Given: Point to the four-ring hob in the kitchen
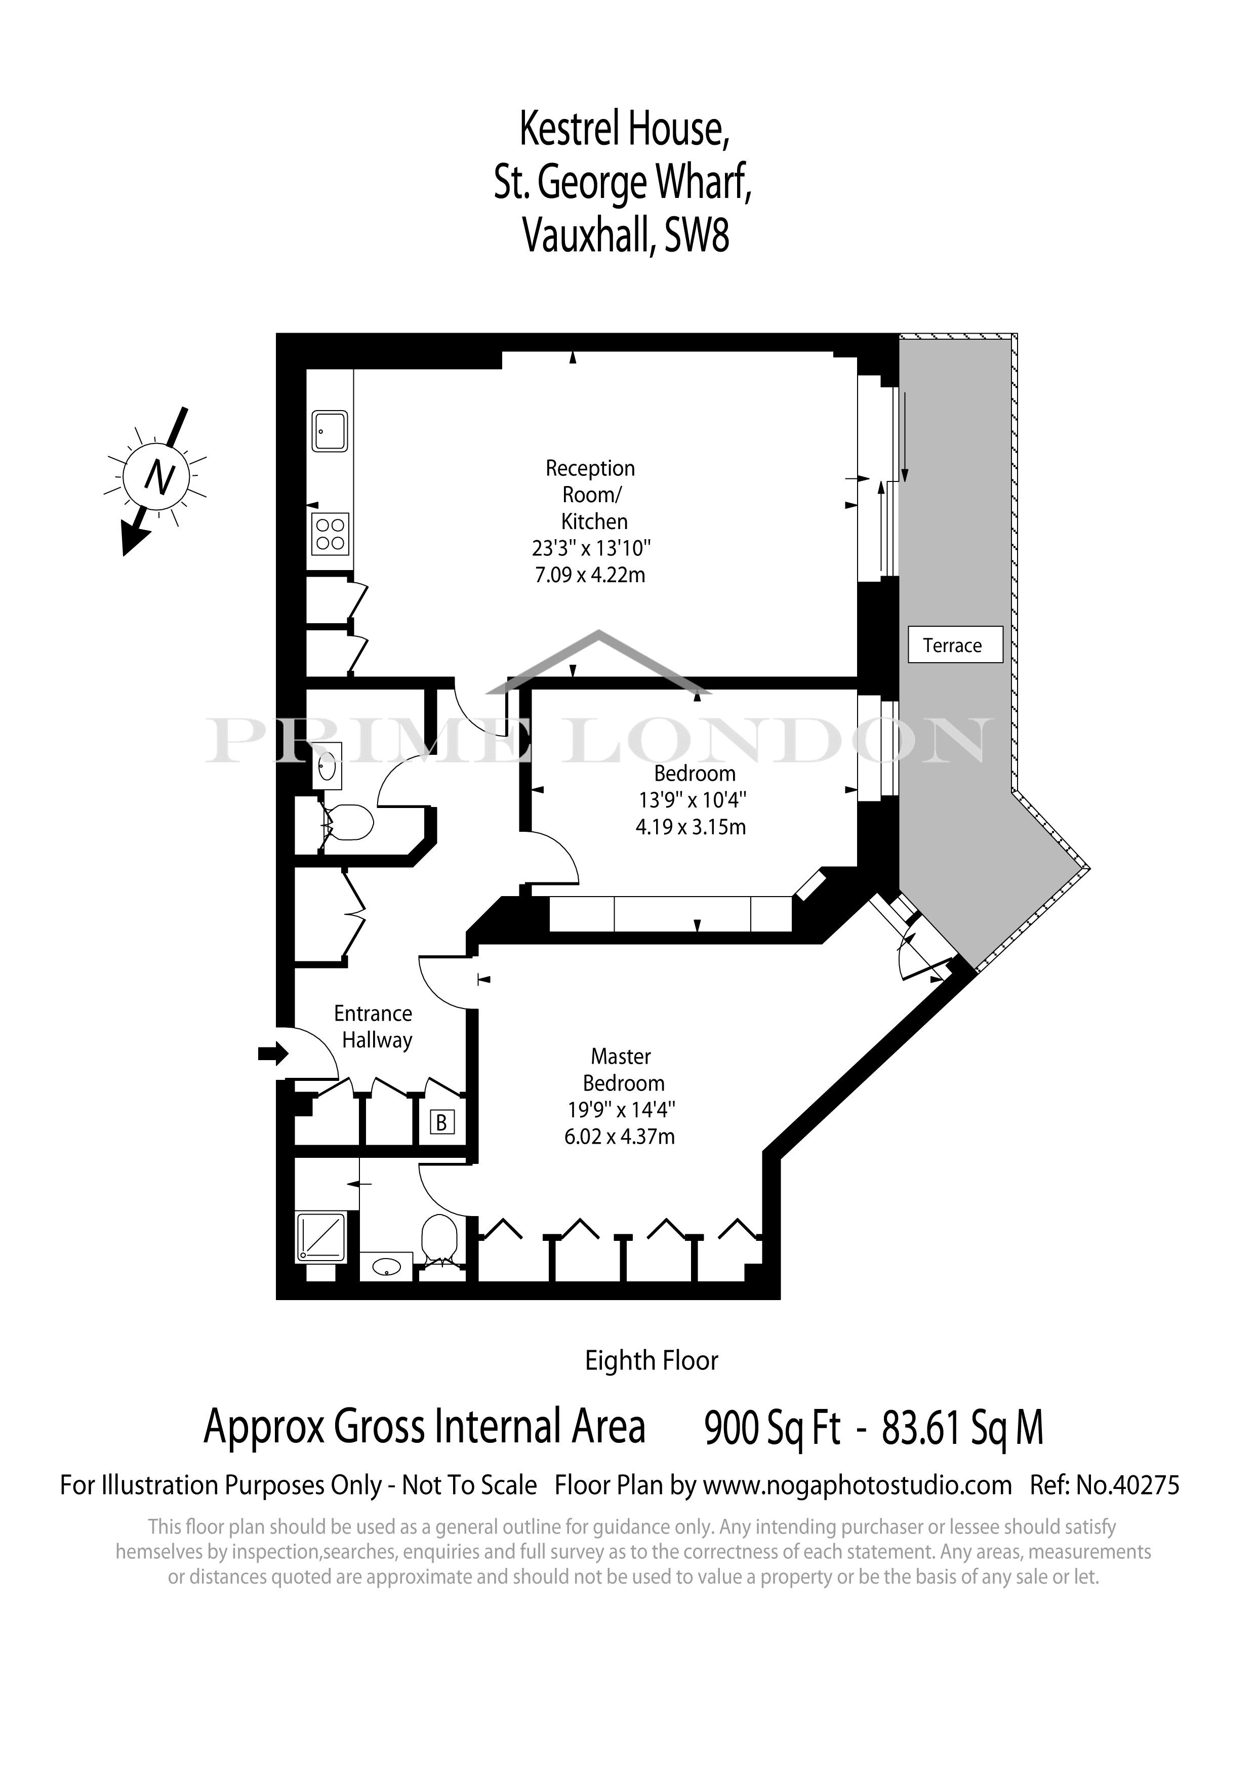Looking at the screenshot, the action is tap(331, 534).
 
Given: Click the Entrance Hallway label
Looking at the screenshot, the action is tap(376, 1027).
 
